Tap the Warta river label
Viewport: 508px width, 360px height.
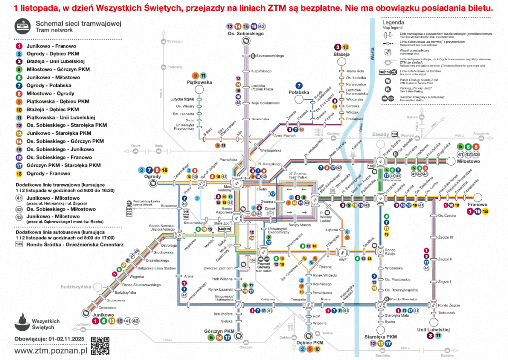pos(371,50)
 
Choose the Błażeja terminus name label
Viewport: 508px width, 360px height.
pos(342,54)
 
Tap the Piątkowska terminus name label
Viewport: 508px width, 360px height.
pos(199,82)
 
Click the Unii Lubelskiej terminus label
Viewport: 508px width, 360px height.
pos(433,329)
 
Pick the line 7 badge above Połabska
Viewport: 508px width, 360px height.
pos(299,85)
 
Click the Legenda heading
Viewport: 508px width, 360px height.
pos(393,23)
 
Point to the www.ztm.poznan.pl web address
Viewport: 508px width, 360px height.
pos(51,350)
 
